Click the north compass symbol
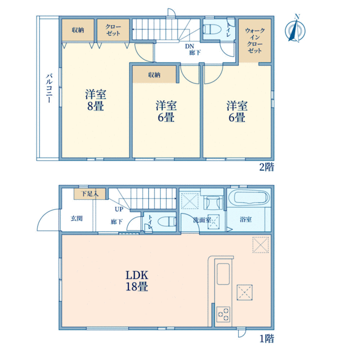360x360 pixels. [x=295, y=29]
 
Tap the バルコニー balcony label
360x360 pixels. [x=49, y=88]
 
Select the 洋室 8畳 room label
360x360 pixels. [x=95, y=100]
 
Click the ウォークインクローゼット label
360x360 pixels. [x=255, y=40]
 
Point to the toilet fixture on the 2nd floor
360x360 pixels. [x=212, y=29]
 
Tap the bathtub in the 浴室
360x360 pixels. [x=251, y=197]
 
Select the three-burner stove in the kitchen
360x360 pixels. [x=223, y=314]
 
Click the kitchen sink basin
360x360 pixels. [x=223, y=274]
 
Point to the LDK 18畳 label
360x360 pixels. [x=137, y=281]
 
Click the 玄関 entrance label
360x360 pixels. [x=76, y=218]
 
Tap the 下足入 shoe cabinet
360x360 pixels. [x=90, y=194]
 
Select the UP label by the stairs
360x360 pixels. [x=119, y=209]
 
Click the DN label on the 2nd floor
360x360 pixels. [x=190, y=46]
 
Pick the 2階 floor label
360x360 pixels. [x=266, y=167]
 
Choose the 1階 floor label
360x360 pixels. [x=267, y=338]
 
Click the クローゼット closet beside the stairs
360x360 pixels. [x=113, y=30]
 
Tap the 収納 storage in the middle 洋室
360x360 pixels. [x=154, y=74]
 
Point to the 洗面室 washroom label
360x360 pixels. [x=202, y=220]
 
